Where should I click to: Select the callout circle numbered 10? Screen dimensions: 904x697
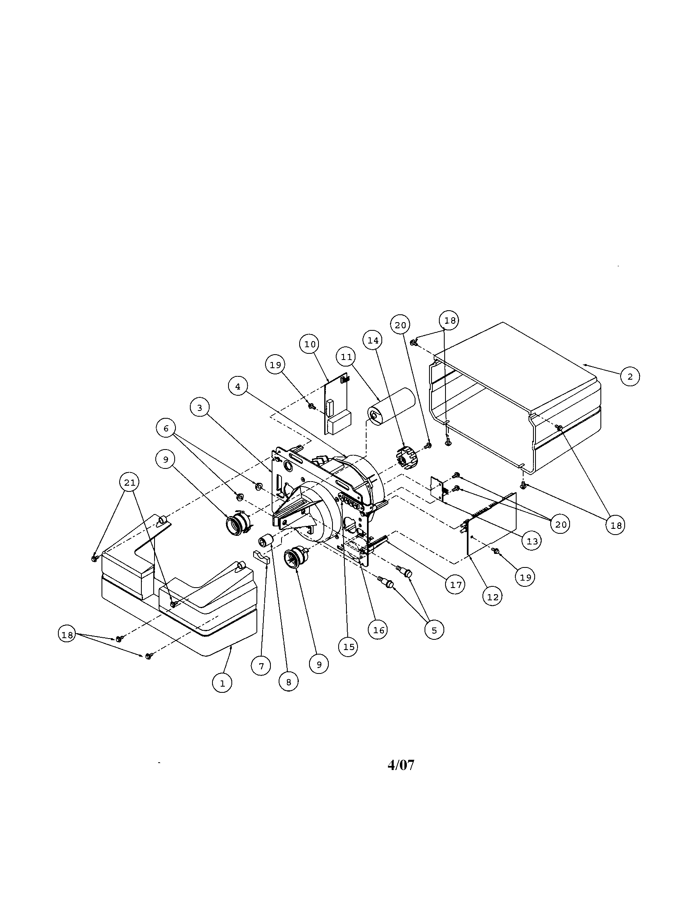(x=309, y=344)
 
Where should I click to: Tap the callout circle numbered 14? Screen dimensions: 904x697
(x=373, y=340)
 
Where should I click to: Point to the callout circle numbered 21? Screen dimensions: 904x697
(x=129, y=482)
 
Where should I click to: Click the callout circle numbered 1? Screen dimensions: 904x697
(x=222, y=683)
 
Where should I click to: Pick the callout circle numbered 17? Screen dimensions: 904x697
(x=455, y=584)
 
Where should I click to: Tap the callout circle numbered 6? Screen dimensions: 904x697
(x=166, y=429)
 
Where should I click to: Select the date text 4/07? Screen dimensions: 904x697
(x=401, y=765)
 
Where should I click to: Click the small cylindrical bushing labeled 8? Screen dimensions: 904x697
(x=265, y=541)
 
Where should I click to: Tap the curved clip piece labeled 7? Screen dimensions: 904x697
(x=261, y=557)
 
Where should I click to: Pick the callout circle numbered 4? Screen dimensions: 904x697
(x=238, y=386)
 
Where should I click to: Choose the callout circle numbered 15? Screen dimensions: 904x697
(x=348, y=646)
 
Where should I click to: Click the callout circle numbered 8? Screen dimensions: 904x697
(x=288, y=682)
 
